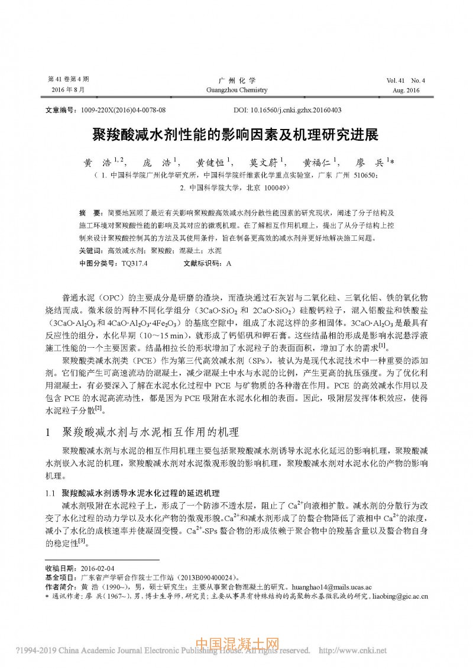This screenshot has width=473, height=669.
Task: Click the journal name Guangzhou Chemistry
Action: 235,91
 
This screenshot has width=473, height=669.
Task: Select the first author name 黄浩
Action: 99,162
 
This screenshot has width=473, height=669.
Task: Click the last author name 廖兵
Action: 372,162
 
